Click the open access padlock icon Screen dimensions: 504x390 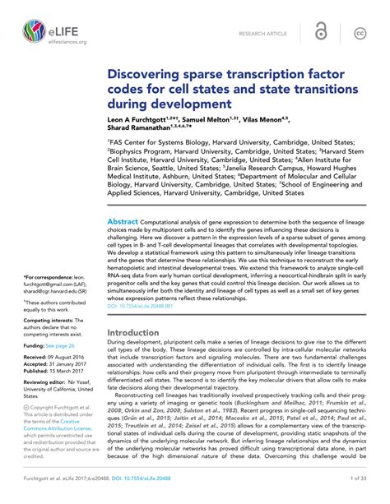pyautogui.click(x=321, y=33)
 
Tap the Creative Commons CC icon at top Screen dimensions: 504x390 pyautogui.click(x=360, y=33)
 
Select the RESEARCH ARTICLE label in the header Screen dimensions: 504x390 pyautogui.click(x=262, y=34)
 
